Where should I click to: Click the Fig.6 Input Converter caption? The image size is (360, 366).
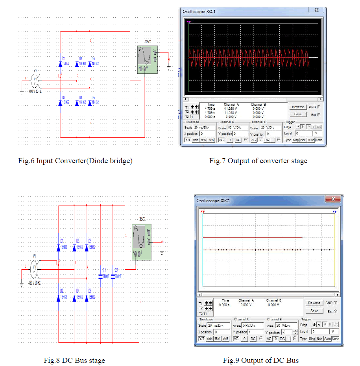(x=75, y=161)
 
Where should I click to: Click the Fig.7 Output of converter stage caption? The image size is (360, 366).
(x=258, y=160)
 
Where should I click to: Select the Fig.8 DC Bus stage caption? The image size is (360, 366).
(x=74, y=360)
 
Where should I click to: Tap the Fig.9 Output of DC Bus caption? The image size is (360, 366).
(x=260, y=360)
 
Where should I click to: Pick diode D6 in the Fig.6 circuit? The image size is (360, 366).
(x=90, y=102)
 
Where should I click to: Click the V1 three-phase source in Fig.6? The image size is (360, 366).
(x=35, y=81)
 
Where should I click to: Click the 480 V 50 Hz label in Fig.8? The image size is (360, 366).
(x=35, y=283)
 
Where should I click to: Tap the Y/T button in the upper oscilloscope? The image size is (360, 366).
(x=188, y=140)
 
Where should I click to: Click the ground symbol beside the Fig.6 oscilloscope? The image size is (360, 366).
(x=169, y=68)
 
